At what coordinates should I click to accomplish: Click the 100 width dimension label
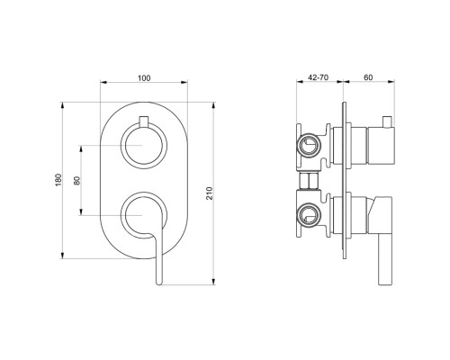tap(143, 79)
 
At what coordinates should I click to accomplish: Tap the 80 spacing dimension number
tap(76, 180)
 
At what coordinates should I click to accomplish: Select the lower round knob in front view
tap(143, 216)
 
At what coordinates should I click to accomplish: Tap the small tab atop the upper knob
tap(143, 121)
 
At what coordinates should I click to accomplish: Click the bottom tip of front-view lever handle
tap(158, 281)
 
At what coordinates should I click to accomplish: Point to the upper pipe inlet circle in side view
tap(309, 143)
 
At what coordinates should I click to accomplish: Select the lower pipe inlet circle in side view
tap(309, 216)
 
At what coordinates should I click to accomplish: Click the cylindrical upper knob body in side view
tap(364, 144)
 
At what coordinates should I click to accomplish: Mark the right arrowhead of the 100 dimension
tap(187, 86)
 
